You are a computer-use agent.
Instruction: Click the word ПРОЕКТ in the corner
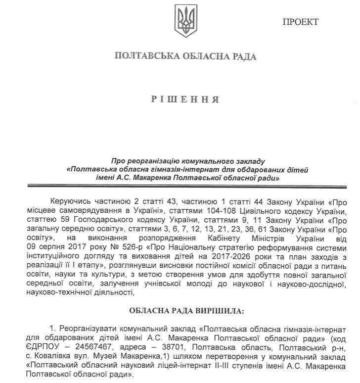coord(300,22)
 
